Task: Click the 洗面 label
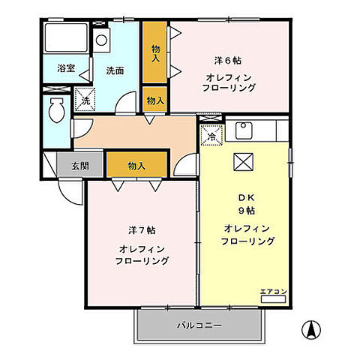click(x=114, y=70)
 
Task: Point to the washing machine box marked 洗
click(x=84, y=99)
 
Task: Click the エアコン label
click(x=272, y=291)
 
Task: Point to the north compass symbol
click(x=312, y=328)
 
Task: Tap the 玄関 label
click(x=80, y=165)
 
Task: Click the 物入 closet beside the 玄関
click(x=136, y=165)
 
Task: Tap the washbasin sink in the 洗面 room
click(x=101, y=39)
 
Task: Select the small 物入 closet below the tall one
click(x=155, y=100)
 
